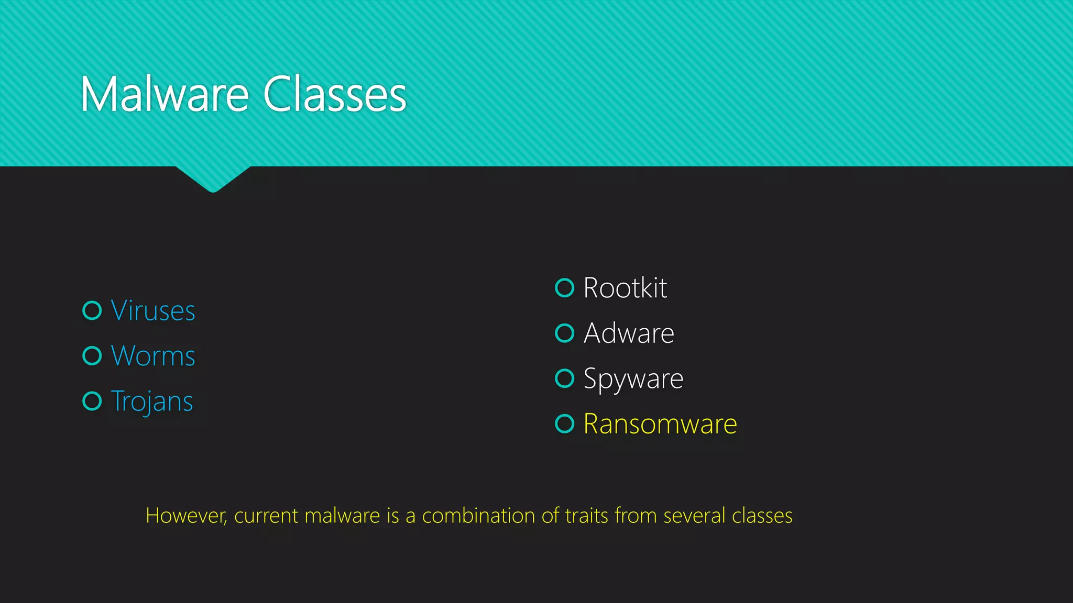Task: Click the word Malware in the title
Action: click(x=165, y=95)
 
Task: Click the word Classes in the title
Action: click(x=334, y=95)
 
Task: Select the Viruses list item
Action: click(x=153, y=311)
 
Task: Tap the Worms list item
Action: click(x=153, y=356)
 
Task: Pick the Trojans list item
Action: click(x=152, y=401)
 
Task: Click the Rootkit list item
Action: click(x=625, y=288)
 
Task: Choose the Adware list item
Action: click(x=629, y=333)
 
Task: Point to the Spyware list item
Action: click(x=633, y=379)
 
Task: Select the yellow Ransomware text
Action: click(x=660, y=424)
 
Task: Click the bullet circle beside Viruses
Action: click(x=92, y=310)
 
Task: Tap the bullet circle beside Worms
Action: click(x=92, y=356)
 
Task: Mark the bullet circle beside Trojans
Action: click(x=92, y=401)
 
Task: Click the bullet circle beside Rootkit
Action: click(x=565, y=287)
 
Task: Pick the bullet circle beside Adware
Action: click(x=565, y=333)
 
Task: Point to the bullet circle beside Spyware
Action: click(x=565, y=378)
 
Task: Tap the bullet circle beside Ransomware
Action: click(x=565, y=423)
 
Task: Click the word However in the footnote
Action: click(x=186, y=516)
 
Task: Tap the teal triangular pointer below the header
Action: click(x=213, y=178)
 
